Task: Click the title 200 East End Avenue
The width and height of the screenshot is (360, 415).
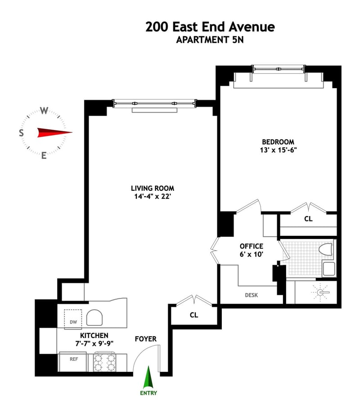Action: point(210,27)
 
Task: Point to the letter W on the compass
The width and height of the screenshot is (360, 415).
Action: point(44,111)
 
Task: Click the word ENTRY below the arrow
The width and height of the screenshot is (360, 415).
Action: point(148,392)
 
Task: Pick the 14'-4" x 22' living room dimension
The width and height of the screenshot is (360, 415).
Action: point(152,196)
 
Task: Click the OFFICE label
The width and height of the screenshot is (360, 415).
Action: point(251,246)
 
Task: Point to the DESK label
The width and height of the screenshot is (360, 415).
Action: point(251,295)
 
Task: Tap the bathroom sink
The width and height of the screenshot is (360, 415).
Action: point(328,269)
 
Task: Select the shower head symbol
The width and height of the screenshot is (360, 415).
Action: point(321,293)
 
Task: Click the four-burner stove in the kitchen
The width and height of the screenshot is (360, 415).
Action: point(104,362)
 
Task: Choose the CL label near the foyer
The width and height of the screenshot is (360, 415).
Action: point(193,315)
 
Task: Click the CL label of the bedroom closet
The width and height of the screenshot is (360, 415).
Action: point(308,219)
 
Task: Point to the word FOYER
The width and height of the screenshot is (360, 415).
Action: point(145,338)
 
